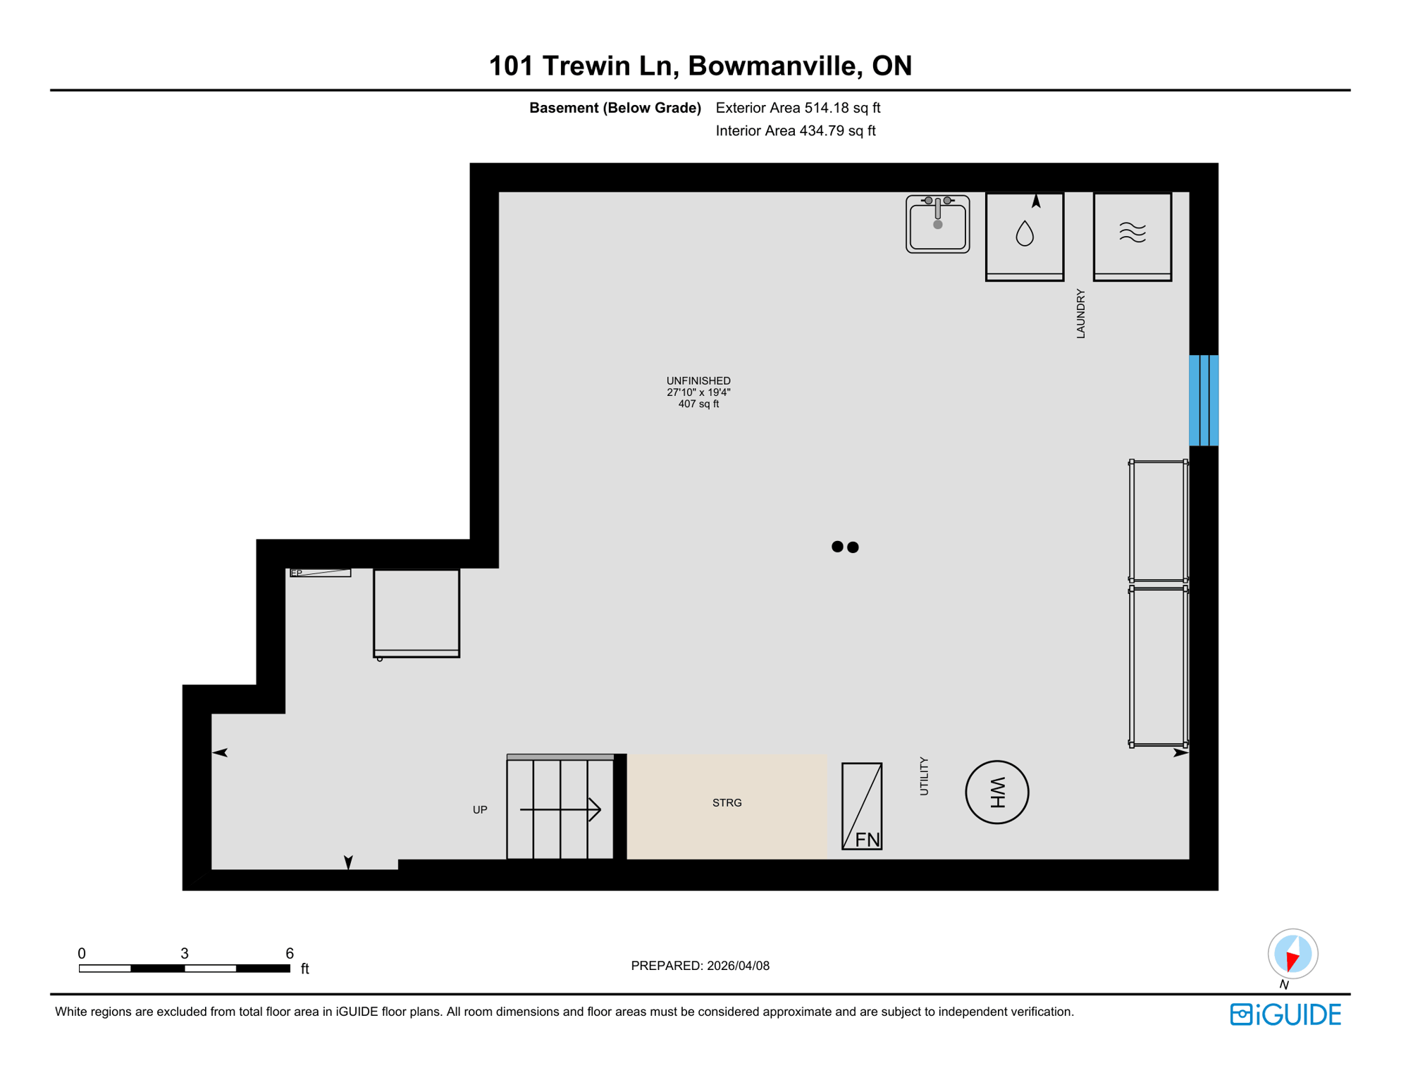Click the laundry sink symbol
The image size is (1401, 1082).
[x=937, y=224]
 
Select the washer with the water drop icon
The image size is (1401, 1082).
[x=1024, y=236]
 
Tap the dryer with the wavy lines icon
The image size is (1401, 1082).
[x=1132, y=236]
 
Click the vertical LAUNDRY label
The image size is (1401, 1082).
[x=1080, y=313]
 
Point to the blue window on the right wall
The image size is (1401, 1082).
[x=1203, y=400]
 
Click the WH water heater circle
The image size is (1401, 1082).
[x=996, y=792]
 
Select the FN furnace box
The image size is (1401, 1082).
[x=861, y=806]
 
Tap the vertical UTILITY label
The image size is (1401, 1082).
[x=924, y=776]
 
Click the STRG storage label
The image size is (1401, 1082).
[x=727, y=803]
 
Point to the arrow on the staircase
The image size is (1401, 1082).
[x=560, y=809]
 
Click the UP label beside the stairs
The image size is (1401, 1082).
[x=480, y=810]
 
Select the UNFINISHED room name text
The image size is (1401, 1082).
[x=698, y=380]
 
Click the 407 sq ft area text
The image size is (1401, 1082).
[x=698, y=404]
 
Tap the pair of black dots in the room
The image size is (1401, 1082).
[x=844, y=547]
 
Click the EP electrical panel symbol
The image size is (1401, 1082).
[x=321, y=573]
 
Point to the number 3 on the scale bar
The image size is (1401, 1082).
[x=185, y=953]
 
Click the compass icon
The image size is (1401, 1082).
[x=1292, y=954]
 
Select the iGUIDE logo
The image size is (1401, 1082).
[x=1285, y=1014]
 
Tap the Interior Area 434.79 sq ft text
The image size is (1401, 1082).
[x=795, y=131]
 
